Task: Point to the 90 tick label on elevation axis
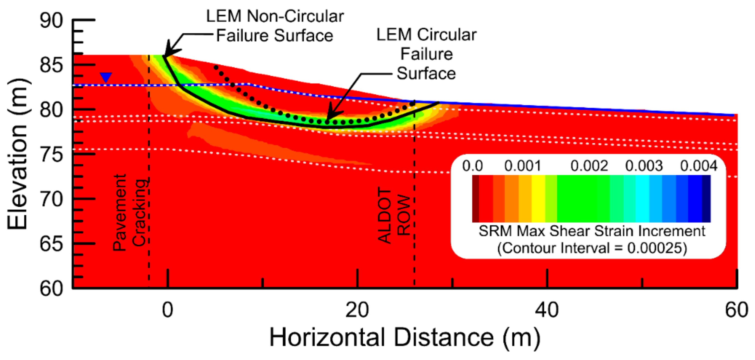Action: point(51,20)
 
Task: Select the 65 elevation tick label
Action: point(51,244)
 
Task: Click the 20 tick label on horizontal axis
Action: point(357,310)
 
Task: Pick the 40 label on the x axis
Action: point(547,310)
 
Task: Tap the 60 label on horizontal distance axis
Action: point(736,310)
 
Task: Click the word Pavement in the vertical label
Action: point(119,213)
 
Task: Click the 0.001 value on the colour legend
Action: point(523,166)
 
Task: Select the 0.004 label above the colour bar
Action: point(698,166)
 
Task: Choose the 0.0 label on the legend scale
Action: point(472,166)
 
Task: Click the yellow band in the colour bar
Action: point(538,199)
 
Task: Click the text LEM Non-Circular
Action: point(275,16)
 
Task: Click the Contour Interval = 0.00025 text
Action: point(592,248)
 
